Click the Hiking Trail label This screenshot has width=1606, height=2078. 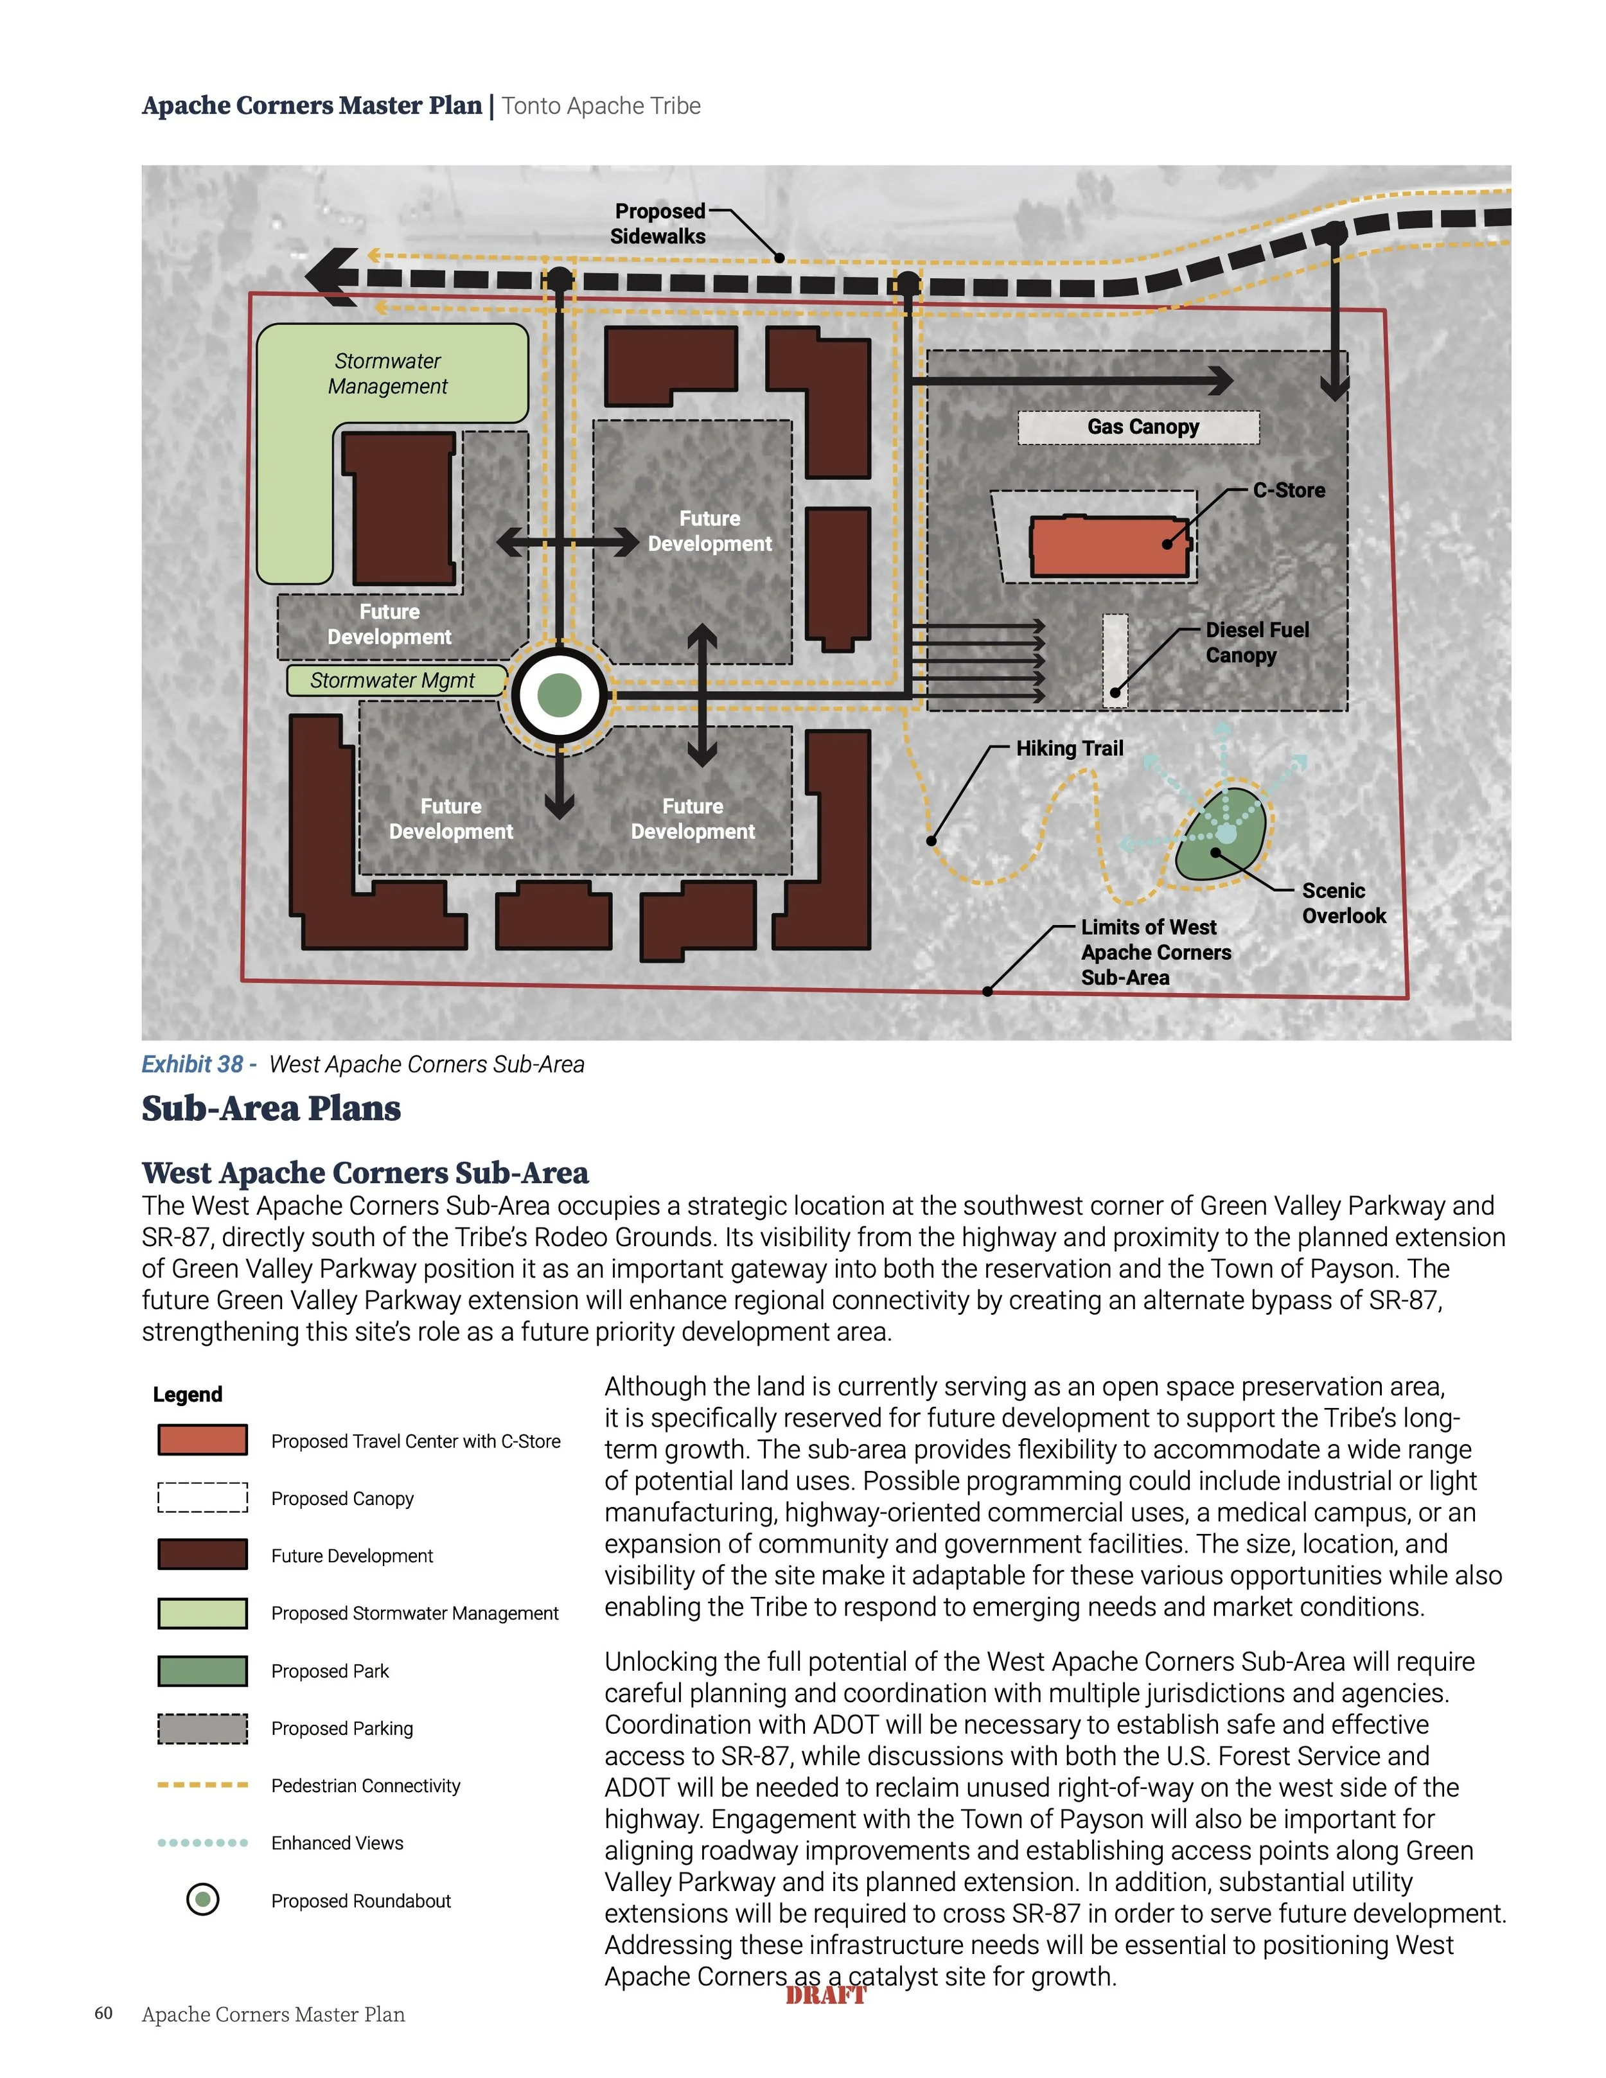[1070, 749]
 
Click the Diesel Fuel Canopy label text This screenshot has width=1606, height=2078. [1256, 642]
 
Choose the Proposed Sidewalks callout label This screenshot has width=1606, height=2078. [658, 224]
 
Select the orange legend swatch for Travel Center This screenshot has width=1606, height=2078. [202, 1440]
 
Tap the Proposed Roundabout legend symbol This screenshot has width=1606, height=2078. [202, 1900]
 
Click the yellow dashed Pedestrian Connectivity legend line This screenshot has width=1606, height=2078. [202, 1785]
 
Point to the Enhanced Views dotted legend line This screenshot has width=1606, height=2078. [202, 1843]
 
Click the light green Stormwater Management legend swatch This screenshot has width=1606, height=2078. [202, 1613]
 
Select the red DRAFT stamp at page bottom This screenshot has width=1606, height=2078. [826, 1995]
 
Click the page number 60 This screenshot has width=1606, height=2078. [103, 2013]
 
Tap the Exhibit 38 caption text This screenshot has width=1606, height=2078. [364, 1064]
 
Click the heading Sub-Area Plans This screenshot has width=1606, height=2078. [271, 1109]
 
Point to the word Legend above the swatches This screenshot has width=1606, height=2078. [188, 1394]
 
